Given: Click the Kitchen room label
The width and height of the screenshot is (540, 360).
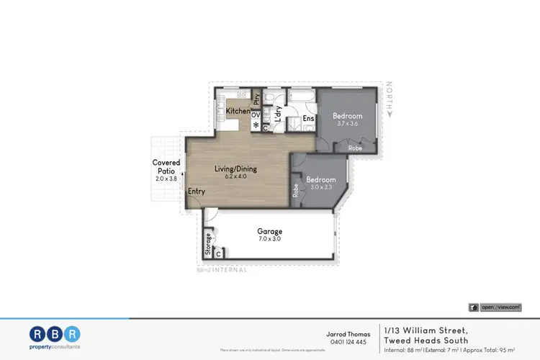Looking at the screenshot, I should coord(238,112).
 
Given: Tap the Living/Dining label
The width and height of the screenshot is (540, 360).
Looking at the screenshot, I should coord(235,169).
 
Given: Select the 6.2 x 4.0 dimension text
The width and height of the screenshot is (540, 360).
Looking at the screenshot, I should coord(235,177).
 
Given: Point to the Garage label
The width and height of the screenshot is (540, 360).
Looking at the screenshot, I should coord(270,232).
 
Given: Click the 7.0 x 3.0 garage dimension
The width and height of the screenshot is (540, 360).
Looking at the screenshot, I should coord(270,240).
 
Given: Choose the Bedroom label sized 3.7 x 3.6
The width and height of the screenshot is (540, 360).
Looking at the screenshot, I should coord(347,115).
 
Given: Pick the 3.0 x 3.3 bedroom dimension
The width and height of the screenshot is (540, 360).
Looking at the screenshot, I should coord(320,187).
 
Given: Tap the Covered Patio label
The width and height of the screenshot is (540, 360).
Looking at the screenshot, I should coord(166,167).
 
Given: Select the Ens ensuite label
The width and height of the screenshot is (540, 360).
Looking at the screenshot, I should coord(308,118).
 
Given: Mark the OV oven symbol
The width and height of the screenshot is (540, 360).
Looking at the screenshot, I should coord(255,114).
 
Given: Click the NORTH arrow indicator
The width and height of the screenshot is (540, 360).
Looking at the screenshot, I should coord(390,99).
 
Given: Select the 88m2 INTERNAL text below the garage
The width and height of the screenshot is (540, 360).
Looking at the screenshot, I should coord(222,270).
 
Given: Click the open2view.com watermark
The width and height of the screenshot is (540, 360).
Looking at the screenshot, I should coord(500,307).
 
